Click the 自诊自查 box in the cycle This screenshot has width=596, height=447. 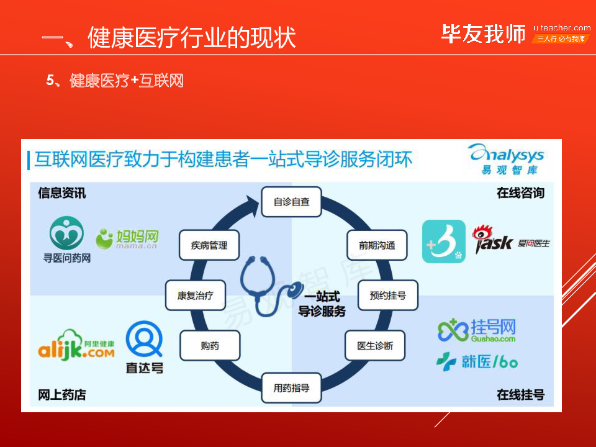[x=291, y=202]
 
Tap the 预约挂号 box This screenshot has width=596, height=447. [x=387, y=296]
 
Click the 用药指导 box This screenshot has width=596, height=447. [x=291, y=389]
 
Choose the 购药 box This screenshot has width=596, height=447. [x=209, y=346]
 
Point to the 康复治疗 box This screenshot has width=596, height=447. [x=195, y=296]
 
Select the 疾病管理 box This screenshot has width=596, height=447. [x=209, y=245]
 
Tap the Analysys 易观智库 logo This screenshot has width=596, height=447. [x=507, y=160]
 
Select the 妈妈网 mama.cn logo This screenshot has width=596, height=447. [x=127, y=238]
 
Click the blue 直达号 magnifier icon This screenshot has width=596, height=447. [x=144, y=339]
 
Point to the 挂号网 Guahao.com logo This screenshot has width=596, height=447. [x=477, y=330]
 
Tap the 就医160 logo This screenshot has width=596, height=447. [x=477, y=361]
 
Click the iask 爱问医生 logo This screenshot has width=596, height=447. [x=511, y=240]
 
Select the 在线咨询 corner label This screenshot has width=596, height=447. [x=520, y=193]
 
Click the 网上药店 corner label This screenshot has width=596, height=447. [x=62, y=395]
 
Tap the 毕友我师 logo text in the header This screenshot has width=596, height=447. [x=483, y=34]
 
